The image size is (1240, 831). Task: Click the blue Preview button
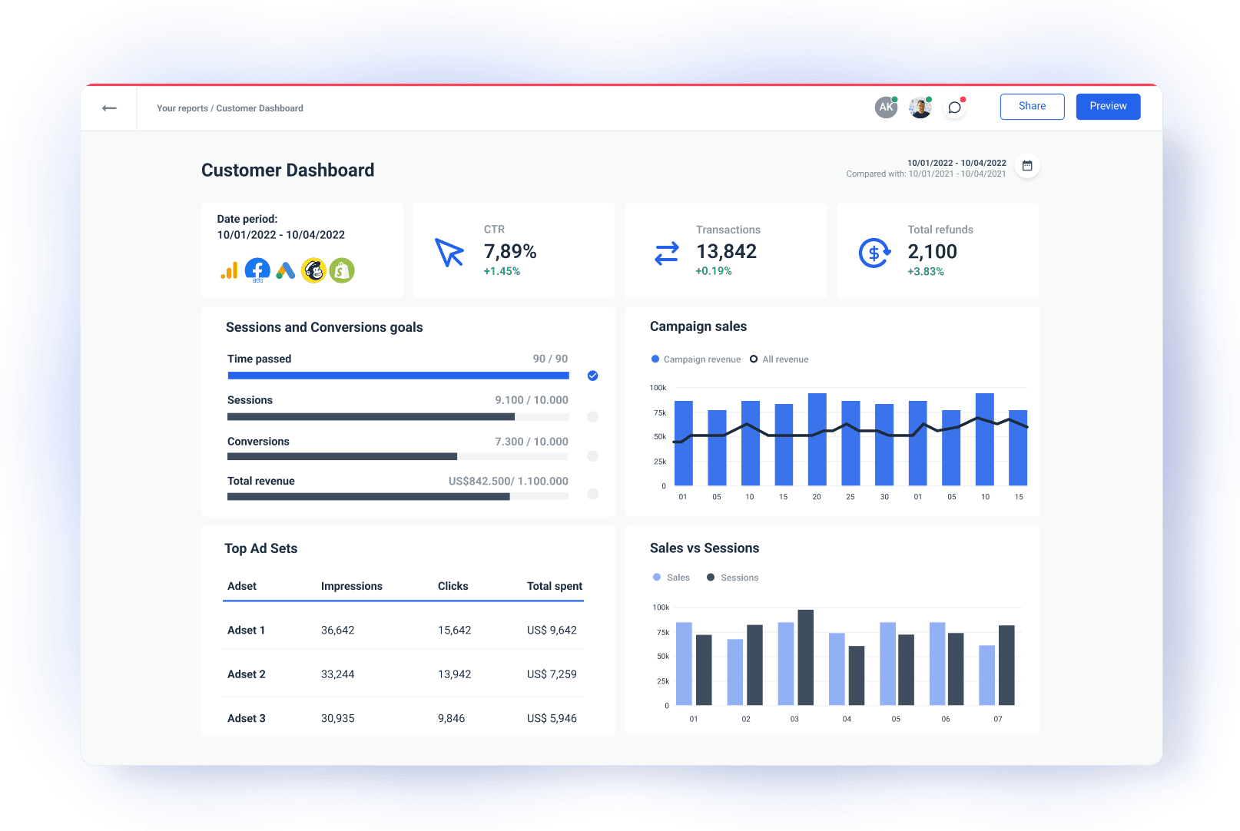pyautogui.click(x=1108, y=107)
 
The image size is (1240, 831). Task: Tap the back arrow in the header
pyautogui.click(x=109, y=108)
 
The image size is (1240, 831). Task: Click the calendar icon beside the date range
pyautogui.click(x=1027, y=166)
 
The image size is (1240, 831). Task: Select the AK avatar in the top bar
pyautogui.click(x=886, y=108)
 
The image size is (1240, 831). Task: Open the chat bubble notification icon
pyautogui.click(x=955, y=108)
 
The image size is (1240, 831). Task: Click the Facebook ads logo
pyautogui.click(x=257, y=270)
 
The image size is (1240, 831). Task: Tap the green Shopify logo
pyautogui.click(x=342, y=270)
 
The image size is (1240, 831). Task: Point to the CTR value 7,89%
pyautogui.click(x=510, y=252)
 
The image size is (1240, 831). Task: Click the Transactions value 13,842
pyautogui.click(x=726, y=252)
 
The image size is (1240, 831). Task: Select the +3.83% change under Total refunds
pyautogui.click(x=926, y=272)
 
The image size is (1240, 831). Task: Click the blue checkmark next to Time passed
pyautogui.click(x=592, y=376)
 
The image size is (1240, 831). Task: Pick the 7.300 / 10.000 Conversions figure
pyautogui.click(x=532, y=442)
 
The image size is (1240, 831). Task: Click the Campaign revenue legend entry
pyautogui.click(x=696, y=359)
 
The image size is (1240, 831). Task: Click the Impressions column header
pyautogui.click(x=351, y=586)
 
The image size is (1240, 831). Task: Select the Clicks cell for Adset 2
pyautogui.click(x=454, y=674)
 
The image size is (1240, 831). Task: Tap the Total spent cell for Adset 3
pyautogui.click(x=552, y=719)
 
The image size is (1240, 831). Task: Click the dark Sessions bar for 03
pyautogui.click(x=805, y=657)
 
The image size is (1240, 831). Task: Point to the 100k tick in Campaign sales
pyautogui.click(x=658, y=388)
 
